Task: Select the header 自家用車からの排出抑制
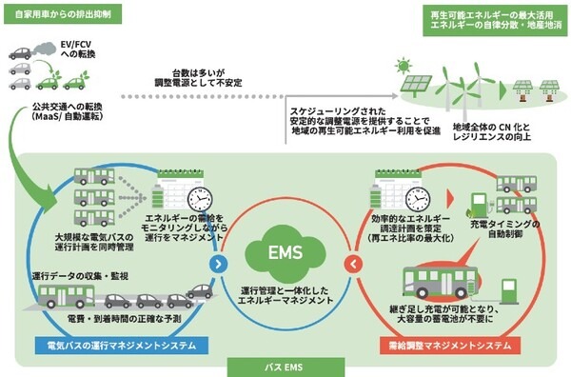pos(57,13)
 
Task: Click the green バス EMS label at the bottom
pos(285,365)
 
